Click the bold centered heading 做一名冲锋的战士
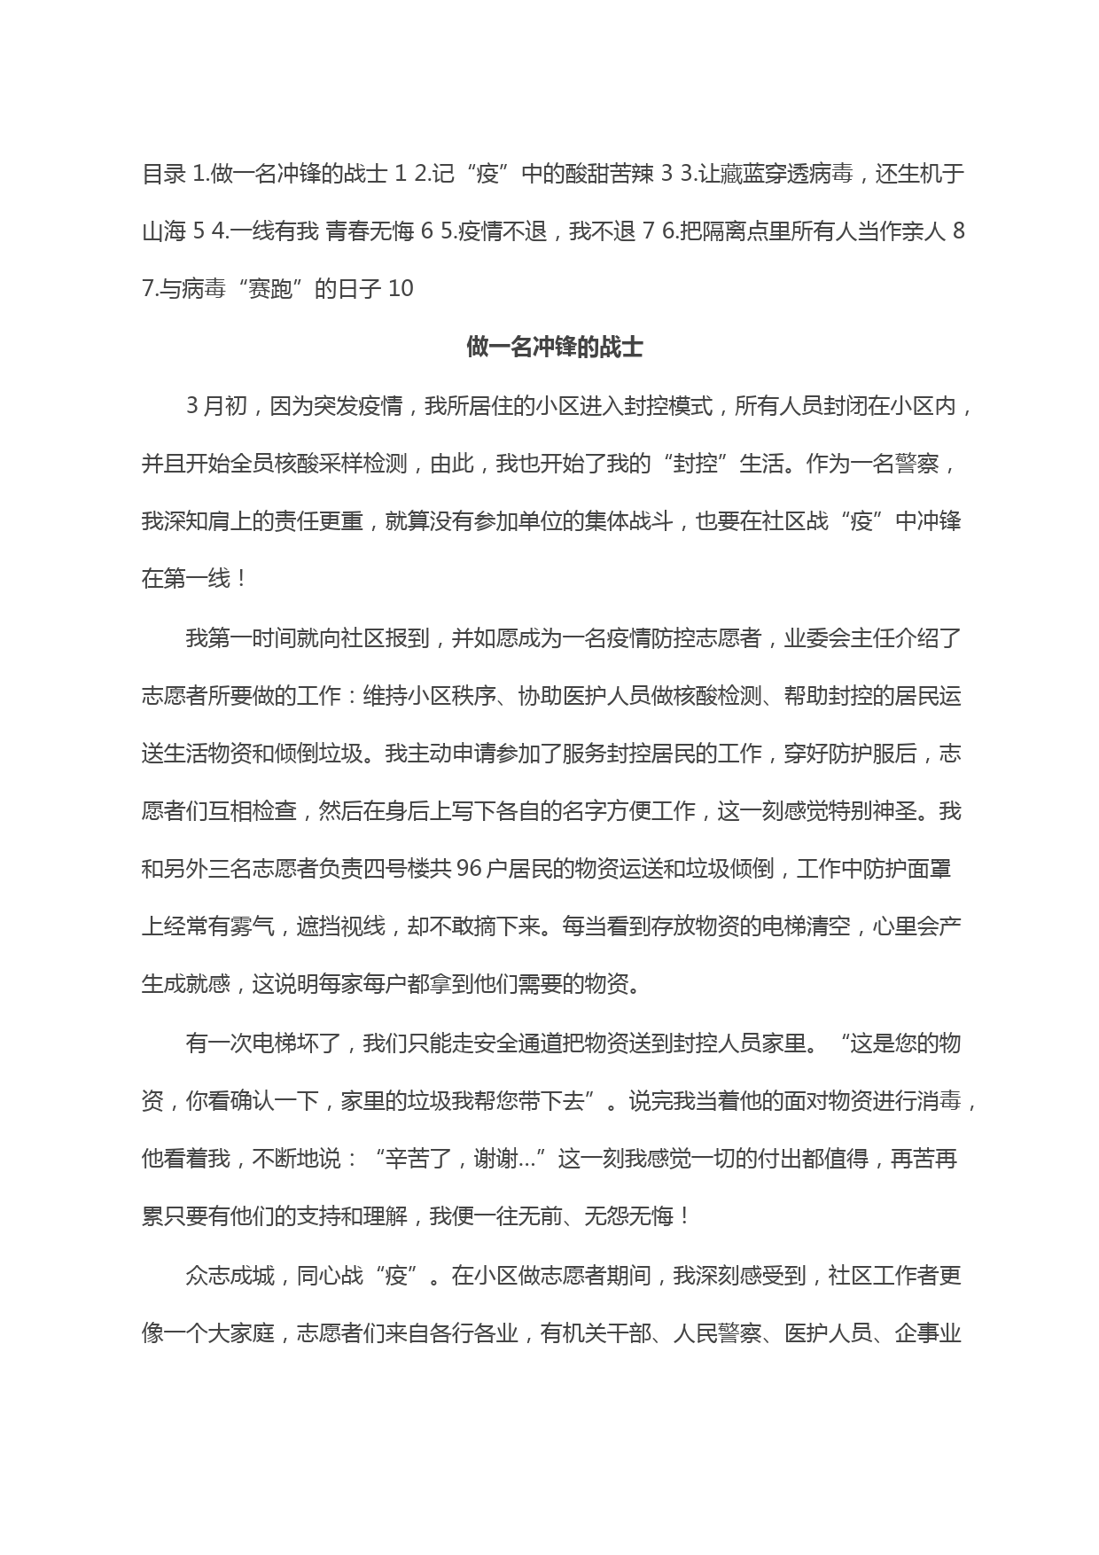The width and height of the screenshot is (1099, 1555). [x=554, y=348]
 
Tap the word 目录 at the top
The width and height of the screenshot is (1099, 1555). [x=163, y=175]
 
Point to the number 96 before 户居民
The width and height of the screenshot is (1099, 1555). [x=471, y=869]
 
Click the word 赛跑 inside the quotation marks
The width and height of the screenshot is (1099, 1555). [x=270, y=289]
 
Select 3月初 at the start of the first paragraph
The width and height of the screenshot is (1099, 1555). [x=217, y=406]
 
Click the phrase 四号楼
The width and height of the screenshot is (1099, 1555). [x=386, y=869]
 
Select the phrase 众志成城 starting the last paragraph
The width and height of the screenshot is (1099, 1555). [x=230, y=1276]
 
